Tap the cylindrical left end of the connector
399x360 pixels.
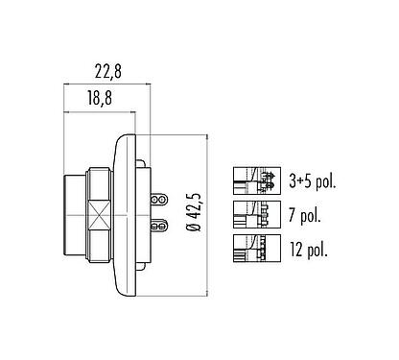pyautogui.click(x=74, y=214)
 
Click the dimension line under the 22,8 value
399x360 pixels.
pyautogui.click(x=106, y=84)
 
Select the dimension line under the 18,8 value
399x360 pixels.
pyautogui.click(x=102, y=113)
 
